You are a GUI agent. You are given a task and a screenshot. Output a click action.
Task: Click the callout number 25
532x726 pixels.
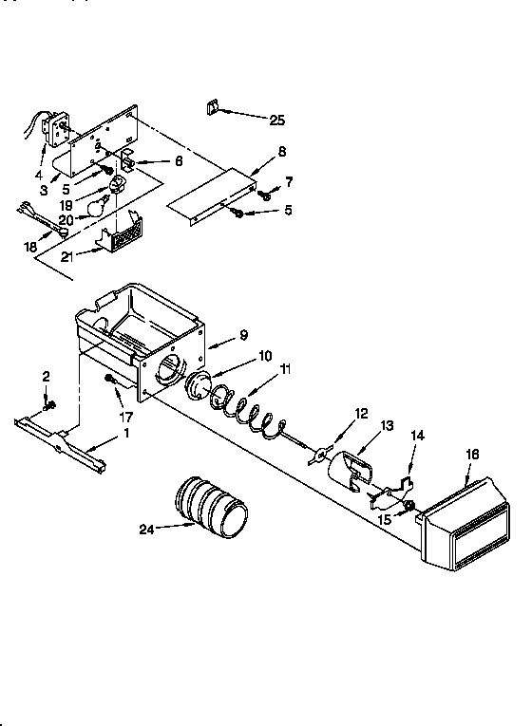(x=276, y=120)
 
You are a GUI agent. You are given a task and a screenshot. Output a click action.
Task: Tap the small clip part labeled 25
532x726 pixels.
(x=212, y=107)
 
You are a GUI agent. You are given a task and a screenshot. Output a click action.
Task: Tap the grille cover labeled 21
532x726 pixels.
(x=123, y=232)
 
